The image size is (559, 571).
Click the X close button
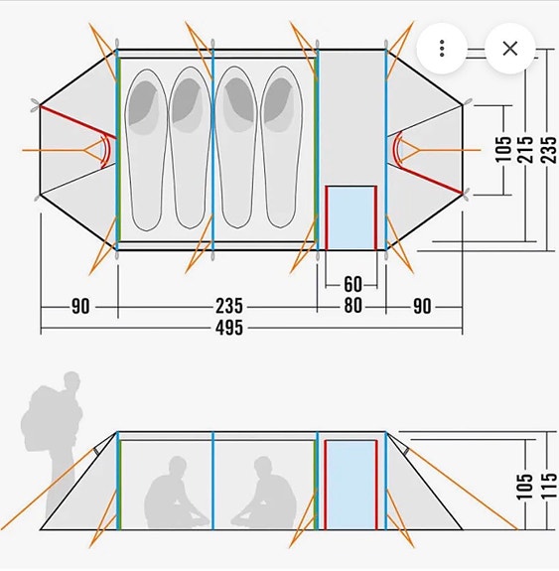point(509,48)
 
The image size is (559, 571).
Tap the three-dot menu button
point(442,48)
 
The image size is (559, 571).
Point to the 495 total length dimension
point(228,328)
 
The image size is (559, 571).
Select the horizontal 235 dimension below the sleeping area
point(228,306)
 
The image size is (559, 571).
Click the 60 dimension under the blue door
point(352,284)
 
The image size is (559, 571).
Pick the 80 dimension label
point(352,306)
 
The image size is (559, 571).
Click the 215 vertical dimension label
point(526,150)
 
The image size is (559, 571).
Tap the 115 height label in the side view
point(550,486)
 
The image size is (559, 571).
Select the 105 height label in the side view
point(525,487)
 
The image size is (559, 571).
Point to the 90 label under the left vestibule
point(80,306)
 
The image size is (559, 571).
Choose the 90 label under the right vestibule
point(422,306)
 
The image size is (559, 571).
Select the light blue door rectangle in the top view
point(351,218)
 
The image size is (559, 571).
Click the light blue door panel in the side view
point(351,485)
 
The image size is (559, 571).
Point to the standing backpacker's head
point(71,381)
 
